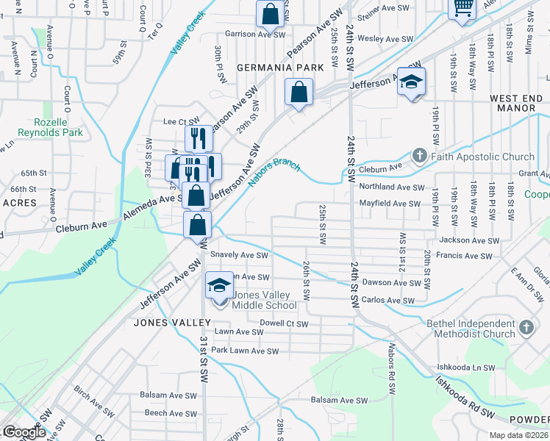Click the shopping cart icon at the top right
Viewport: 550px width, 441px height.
point(462,8)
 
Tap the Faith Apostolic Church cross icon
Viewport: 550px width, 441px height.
point(419,156)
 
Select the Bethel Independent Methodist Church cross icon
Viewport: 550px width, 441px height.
point(526,328)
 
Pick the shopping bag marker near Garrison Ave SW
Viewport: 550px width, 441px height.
point(270,14)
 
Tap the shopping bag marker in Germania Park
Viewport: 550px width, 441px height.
point(299,93)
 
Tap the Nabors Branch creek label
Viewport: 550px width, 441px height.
point(274,173)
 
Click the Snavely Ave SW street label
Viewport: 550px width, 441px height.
point(240,255)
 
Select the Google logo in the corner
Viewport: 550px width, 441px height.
point(24,432)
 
